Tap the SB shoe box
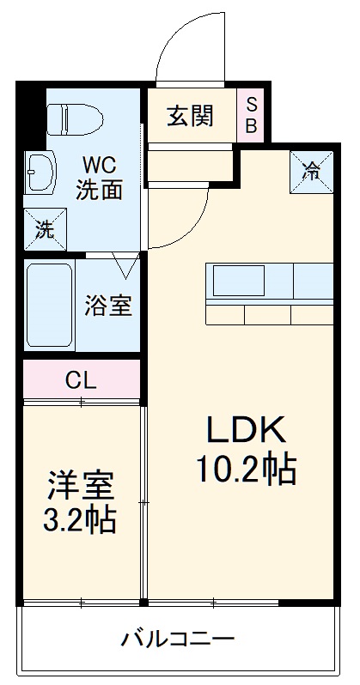coord(252,115)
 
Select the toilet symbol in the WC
coord(76,118)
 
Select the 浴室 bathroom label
coord(108,306)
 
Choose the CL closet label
coord(81,378)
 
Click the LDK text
coord(242,427)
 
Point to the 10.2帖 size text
coord(245,468)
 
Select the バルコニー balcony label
coord(178,639)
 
